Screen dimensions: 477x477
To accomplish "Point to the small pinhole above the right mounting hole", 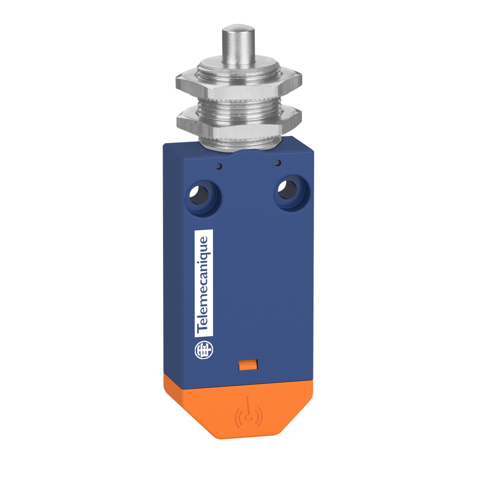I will click(x=278, y=163).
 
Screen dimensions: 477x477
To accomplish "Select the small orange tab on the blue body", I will click(x=249, y=365).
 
